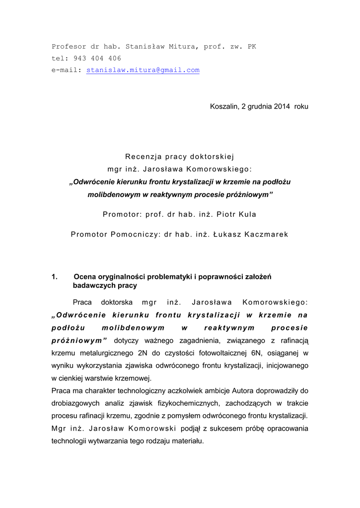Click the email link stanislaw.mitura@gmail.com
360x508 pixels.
point(143,70)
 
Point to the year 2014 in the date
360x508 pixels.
point(282,107)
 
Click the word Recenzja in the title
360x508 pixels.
point(142,157)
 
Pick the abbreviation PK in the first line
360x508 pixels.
point(252,47)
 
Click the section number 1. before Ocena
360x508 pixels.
point(55,277)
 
